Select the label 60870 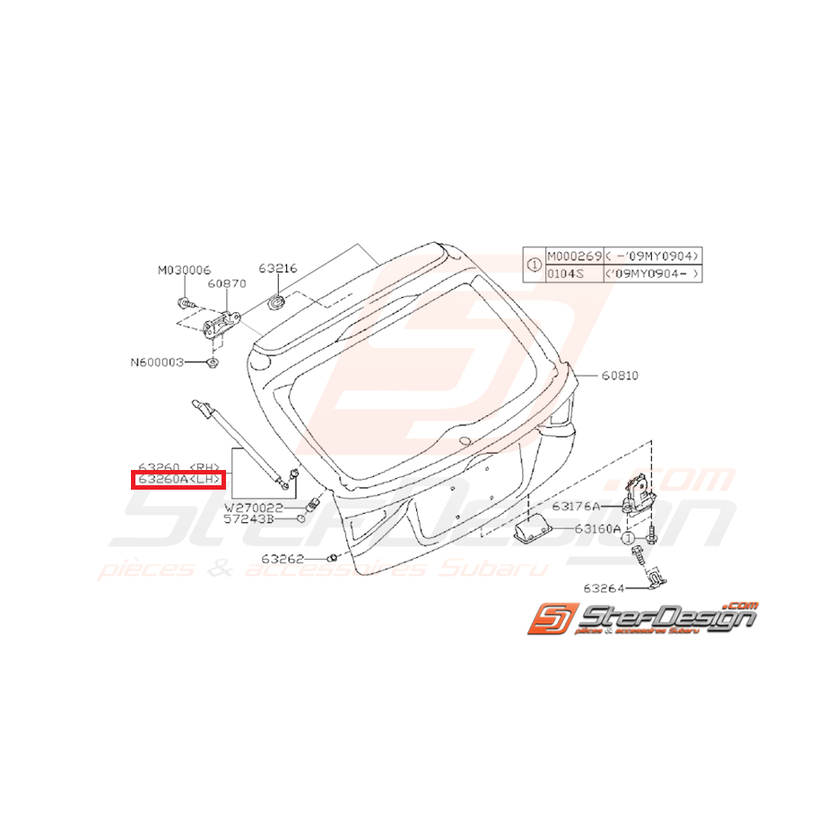click(227, 283)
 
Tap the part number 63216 click(278, 268)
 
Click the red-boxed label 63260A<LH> click(178, 481)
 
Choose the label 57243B click(254, 519)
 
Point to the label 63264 click(608, 588)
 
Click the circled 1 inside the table click(533, 265)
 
